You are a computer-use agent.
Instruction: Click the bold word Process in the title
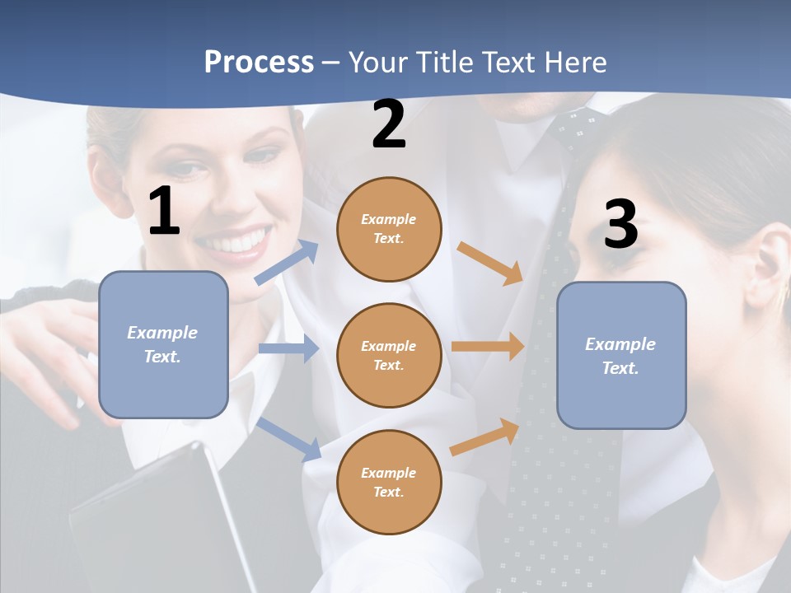coord(259,63)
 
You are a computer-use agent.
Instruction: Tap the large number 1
coord(164,211)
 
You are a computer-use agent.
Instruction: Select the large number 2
coord(389,124)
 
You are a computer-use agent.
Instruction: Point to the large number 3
coord(620,224)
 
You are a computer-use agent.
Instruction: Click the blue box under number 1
coord(163,344)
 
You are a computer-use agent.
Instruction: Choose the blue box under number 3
coord(621,355)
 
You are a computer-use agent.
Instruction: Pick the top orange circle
coord(389,229)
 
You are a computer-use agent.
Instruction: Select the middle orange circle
coord(389,355)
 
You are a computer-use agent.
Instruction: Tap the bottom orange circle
coord(389,482)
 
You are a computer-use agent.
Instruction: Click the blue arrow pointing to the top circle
coord(287,262)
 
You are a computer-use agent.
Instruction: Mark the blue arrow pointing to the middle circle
coord(288,348)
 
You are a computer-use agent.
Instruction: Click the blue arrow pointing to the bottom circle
coord(289,439)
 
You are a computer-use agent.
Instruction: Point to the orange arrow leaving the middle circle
coord(488,346)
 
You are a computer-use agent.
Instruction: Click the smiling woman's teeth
coord(237,242)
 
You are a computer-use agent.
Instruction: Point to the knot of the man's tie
coord(577,128)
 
